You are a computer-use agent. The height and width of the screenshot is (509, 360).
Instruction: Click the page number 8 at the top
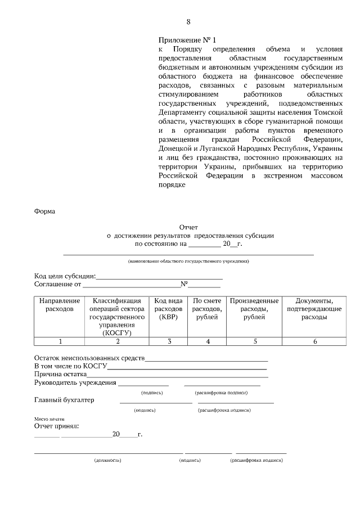click(x=188, y=22)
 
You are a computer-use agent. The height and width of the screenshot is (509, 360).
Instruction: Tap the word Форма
click(x=44, y=212)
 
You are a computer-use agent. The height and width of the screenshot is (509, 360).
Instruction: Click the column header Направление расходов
click(x=60, y=305)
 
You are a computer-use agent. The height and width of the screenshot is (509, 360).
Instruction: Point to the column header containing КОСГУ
click(x=117, y=317)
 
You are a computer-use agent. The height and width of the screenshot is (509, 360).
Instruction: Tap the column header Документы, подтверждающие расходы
click(x=314, y=309)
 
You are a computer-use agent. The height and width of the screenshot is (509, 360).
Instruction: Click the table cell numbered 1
click(x=60, y=341)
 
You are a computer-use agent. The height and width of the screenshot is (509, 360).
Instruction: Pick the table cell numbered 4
click(x=208, y=341)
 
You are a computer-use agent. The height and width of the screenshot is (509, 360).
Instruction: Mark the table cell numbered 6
click(x=314, y=341)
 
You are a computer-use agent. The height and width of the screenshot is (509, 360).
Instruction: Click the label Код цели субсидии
click(x=65, y=276)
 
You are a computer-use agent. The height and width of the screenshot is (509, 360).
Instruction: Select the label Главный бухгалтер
click(x=64, y=400)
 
